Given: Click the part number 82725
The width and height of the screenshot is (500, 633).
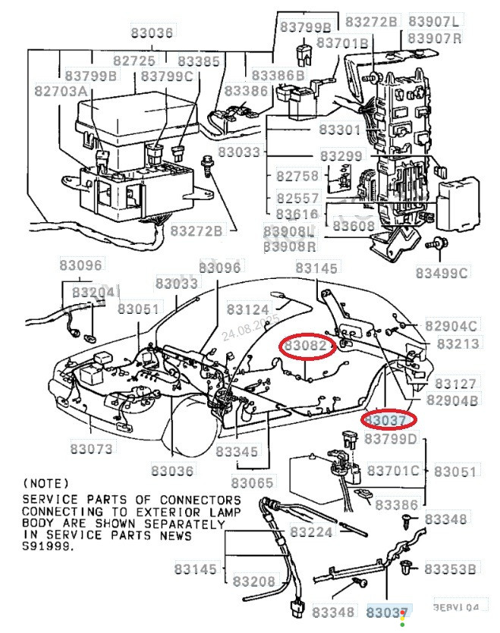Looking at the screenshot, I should [134, 61].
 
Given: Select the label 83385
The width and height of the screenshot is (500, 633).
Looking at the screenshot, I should [200, 61].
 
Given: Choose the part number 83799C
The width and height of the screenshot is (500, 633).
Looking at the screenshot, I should [166, 76].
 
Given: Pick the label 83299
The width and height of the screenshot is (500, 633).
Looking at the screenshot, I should [341, 155].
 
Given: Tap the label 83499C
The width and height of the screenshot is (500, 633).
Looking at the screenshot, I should [442, 272].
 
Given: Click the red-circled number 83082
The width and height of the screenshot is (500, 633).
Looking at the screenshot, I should [308, 346].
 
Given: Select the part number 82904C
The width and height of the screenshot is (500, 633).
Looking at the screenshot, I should [451, 326].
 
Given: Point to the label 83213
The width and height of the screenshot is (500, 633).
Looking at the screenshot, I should [458, 343].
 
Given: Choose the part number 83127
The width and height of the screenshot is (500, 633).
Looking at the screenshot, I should [456, 384].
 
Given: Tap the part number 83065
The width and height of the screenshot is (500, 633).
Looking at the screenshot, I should [253, 483].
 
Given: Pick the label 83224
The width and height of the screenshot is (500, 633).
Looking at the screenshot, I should [312, 532].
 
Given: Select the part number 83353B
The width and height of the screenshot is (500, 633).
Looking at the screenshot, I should [451, 569].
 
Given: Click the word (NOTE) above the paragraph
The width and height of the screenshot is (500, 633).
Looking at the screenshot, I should [46, 483].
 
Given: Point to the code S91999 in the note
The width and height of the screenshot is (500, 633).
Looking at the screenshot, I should [49, 546].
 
